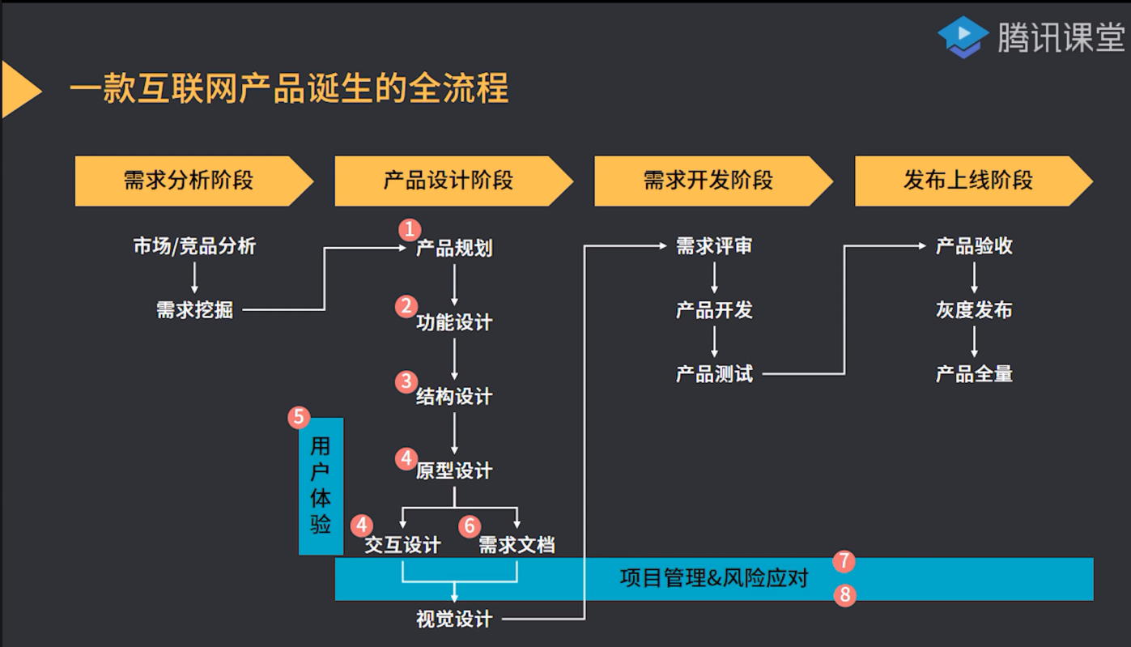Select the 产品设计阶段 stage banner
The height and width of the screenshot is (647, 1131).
click(x=449, y=181)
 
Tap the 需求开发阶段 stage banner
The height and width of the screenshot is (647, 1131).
click(x=708, y=181)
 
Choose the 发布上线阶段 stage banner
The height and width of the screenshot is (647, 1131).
click(x=968, y=181)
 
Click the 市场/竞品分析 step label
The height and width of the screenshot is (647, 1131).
click(x=194, y=246)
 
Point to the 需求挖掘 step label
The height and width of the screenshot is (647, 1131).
click(x=194, y=309)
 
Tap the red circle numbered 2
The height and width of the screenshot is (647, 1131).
click(x=406, y=306)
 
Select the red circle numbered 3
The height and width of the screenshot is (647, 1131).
click(x=406, y=381)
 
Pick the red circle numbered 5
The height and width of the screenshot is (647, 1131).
click(x=299, y=418)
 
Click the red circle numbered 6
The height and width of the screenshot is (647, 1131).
click(x=470, y=526)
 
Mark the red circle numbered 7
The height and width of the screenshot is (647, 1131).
click(x=844, y=560)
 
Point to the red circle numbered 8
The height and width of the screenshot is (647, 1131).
click(x=844, y=595)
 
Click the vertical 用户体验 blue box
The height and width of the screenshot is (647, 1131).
click(x=321, y=486)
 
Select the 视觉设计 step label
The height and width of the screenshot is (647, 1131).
click(x=454, y=619)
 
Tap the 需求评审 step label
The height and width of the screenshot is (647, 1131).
click(x=714, y=246)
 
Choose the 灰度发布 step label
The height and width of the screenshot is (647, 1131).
click(x=974, y=310)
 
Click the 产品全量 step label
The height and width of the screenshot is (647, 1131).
click(x=974, y=374)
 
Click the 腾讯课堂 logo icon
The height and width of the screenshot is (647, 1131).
click(x=963, y=37)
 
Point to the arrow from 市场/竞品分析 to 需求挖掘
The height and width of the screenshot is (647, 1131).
click(x=194, y=278)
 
